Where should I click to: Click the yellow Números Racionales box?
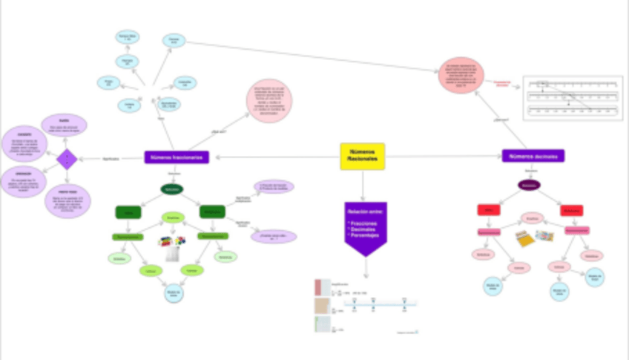(x=363, y=156)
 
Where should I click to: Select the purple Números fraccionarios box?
(x=177, y=157)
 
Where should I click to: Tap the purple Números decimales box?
(x=533, y=156)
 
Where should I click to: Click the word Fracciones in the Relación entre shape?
(x=363, y=222)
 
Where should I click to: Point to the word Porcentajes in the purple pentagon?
(x=365, y=235)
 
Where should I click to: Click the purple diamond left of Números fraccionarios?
(x=67, y=157)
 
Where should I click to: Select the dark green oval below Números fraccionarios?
(x=172, y=189)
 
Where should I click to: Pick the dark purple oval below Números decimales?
(x=529, y=186)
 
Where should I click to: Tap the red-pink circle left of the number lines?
(x=461, y=75)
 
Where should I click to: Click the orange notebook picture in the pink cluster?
(x=526, y=238)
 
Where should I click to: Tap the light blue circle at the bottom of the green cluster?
(x=172, y=291)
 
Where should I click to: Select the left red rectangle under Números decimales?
(x=489, y=210)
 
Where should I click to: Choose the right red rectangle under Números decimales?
(x=571, y=210)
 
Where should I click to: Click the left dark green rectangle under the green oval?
(x=128, y=212)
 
